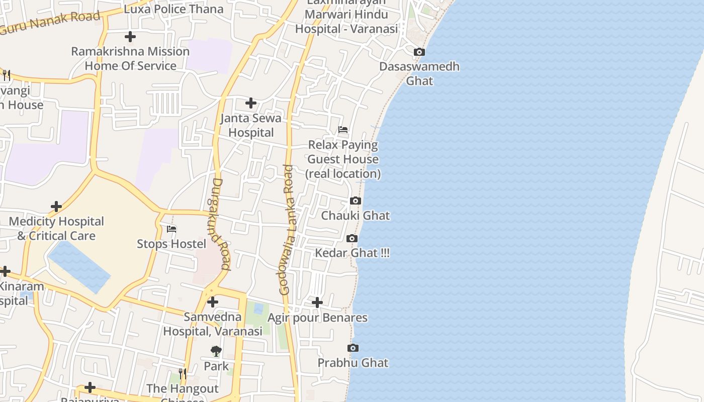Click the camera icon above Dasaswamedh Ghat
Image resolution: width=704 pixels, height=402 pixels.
point(419,52)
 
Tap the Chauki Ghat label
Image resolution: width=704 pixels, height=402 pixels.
point(356,216)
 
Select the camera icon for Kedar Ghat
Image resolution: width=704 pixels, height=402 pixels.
point(352,238)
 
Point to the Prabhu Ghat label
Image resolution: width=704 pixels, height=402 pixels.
point(353,363)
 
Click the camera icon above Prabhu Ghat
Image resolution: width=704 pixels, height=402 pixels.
point(353,348)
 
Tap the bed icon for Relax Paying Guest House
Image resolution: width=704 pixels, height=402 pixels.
point(343,130)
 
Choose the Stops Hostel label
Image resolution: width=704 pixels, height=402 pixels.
point(171,244)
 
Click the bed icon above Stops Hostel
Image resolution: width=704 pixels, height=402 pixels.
point(171,229)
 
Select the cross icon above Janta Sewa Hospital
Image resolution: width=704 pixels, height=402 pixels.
point(250,104)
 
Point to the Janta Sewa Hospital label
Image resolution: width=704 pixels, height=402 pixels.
point(251,126)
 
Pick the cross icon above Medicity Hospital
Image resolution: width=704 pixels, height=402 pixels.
point(56,207)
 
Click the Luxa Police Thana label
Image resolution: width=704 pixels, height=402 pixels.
point(173,9)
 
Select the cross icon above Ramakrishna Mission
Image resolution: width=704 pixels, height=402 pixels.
point(130,37)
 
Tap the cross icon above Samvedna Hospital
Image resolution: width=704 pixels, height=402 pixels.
point(213,302)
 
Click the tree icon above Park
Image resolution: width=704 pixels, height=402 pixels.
point(216,351)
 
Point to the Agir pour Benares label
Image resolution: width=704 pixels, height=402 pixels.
point(317,318)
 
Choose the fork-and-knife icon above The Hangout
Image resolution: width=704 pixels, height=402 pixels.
point(183,374)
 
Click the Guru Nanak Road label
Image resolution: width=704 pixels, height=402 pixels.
point(50,22)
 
